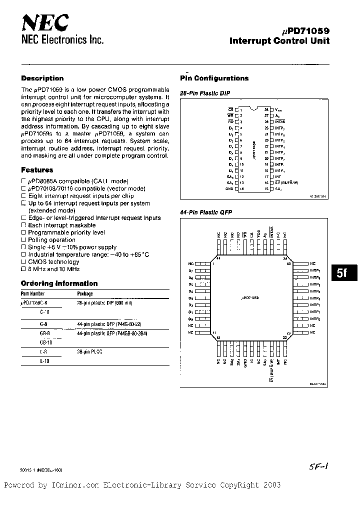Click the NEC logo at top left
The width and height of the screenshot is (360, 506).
tap(45, 23)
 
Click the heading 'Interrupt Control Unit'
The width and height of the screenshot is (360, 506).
tap(279, 41)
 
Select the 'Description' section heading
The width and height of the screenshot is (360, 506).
tap(42, 78)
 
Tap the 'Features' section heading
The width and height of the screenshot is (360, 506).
tap(37, 170)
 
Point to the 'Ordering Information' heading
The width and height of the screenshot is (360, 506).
tap(52, 283)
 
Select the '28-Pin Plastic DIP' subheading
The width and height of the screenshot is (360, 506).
tap(204, 93)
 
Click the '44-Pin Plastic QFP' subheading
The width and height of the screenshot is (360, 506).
tap(206, 212)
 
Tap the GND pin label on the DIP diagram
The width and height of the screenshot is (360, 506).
tap(229, 188)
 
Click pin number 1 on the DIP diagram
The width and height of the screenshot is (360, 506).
tap(240, 109)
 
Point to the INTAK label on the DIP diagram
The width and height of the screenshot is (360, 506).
tap(280, 121)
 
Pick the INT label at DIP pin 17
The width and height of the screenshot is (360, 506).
tap(278, 176)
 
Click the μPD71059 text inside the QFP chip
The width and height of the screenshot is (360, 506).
tap(253, 297)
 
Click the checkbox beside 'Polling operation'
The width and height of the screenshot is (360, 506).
tap(23, 240)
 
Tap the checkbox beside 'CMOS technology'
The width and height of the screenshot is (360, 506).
tap(23, 262)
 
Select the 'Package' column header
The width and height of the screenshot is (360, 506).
tap(85, 294)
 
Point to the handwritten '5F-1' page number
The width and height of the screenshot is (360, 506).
tap(318, 465)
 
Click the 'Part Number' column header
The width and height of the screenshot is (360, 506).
tap(33, 294)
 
